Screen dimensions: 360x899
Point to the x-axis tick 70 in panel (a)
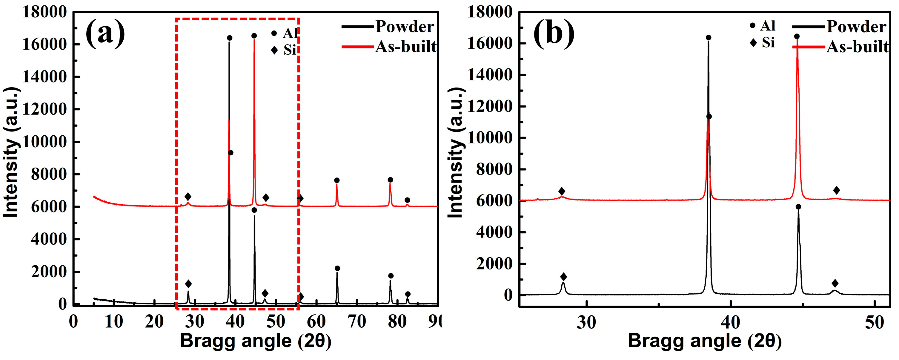357,321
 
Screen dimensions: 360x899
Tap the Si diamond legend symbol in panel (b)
753,43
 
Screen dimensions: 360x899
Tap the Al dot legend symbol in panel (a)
274,33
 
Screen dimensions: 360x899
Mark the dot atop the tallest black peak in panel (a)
230,38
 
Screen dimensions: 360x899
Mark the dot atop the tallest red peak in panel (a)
254,36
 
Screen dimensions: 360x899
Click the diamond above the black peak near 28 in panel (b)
563,277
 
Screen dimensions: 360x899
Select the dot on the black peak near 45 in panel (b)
798,207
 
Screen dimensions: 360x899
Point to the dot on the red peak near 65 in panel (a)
337,180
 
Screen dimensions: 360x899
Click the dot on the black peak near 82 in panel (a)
408,294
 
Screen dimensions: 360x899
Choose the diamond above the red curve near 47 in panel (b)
837,190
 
